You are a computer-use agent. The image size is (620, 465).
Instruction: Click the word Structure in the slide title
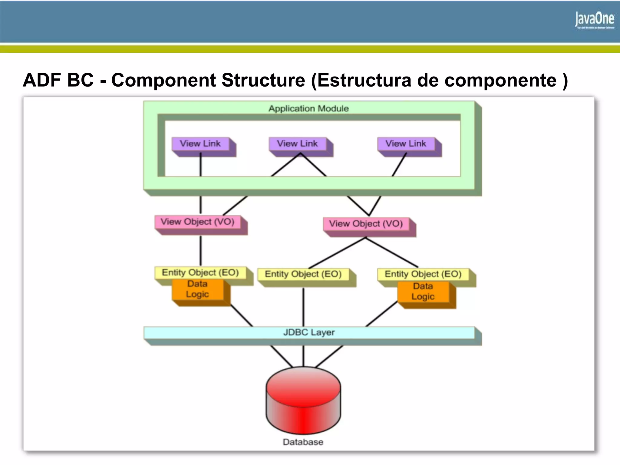[x=263, y=80]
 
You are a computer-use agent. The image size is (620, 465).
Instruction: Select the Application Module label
[x=308, y=108]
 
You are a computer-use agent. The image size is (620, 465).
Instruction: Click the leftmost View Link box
[x=200, y=144]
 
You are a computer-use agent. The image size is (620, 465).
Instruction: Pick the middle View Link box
[x=298, y=144]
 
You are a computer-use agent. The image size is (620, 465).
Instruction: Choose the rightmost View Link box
[x=406, y=144]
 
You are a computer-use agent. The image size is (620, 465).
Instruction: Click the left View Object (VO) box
[x=198, y=222]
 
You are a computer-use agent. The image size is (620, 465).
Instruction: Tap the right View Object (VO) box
[x=366, y=224]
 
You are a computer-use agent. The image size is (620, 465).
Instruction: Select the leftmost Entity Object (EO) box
[x=200, y=272]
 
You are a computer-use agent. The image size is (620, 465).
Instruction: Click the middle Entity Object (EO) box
[x=303, y=274]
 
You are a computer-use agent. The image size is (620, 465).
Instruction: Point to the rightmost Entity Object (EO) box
[x=423, y=274]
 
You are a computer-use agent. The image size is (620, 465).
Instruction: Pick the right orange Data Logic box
[x=423, y=292]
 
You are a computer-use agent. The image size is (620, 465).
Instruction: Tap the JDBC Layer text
[x=309, y=332]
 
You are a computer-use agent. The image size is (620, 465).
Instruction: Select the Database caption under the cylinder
[x=303, y=442]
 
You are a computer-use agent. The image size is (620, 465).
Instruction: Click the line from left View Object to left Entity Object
[x=200, y=251]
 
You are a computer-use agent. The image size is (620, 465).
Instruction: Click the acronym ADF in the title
[x=42, y=80]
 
